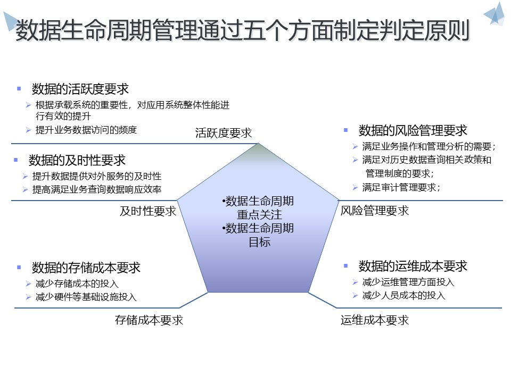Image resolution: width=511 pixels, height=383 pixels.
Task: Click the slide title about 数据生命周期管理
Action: pyautogui.click(x=242, y=30)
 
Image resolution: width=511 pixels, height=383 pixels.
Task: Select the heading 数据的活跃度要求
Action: pyautogui.click(x=80, y=89)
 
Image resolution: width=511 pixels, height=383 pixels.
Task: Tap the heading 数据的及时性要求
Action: pyautogui.click(x=77, y=160)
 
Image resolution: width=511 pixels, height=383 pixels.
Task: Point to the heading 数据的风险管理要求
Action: pyautogui.click(x=413, y=130)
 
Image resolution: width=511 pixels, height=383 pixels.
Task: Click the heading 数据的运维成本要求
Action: pyautogui.click(x=413, y=266)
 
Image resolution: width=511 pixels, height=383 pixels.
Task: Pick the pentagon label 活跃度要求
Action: pyautogui.click(x=224, y=133)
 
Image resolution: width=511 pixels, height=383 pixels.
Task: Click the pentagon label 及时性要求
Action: pyautogui.click(x=148, y=211)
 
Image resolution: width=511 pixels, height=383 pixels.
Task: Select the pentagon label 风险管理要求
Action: pyautogui.click(x=375, y=211)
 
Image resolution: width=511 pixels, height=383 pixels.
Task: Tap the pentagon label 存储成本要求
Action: pyautogui.click(x=149, y=320)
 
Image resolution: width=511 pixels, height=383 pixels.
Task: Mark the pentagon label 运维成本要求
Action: pyautogui.click(x=375, y=320)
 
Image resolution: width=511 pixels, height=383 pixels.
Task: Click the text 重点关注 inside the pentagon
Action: pyautogui.click(x=259, y=215)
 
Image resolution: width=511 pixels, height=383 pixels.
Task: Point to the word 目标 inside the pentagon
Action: pyautogui.click(x=260, y=242)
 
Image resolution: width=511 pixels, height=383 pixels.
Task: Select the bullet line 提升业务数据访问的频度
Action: pyautogui.click(x=86, y=130)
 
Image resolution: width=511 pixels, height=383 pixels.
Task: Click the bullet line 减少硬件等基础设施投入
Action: pyautogui.click(x=86, y=297)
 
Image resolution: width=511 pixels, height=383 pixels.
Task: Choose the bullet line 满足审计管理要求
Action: pyautogui.click(x=401, y=187)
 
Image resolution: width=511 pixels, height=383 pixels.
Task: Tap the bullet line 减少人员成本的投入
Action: pyautogui.click(x=403, y=295)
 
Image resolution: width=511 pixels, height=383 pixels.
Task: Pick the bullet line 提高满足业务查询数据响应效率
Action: pyautogui.click(x=97, y=189)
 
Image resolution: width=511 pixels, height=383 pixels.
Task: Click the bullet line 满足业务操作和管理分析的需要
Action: pyautogui.click(x=428, y=146)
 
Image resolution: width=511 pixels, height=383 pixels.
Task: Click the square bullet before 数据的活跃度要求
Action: pyautogui.click(x=19, y=88)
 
